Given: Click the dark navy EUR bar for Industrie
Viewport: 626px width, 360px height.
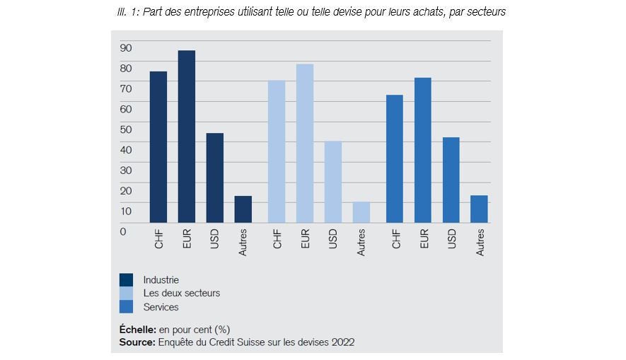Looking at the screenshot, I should tap(187, 137).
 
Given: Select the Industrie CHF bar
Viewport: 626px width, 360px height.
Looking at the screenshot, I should tap(158, 147).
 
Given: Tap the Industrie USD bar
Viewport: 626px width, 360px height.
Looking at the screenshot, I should tap(215, 178).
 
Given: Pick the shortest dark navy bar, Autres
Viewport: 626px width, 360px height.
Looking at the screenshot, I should tap(243, 209).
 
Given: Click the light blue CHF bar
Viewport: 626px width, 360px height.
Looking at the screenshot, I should tap(277, 151).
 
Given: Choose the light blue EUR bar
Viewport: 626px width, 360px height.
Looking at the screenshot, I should tap(305, 144).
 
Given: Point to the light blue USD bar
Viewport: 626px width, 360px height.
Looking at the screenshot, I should tap(333, 182).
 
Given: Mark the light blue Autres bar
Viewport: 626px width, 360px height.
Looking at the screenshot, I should tap(361, 212).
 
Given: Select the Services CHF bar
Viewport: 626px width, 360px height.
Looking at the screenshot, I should tap(395, 158).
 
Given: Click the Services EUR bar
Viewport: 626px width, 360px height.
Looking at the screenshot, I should tap(423, 150).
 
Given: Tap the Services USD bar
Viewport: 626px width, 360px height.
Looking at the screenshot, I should tap(451, 180).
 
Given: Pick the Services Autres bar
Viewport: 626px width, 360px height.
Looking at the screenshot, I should tap(480, 209).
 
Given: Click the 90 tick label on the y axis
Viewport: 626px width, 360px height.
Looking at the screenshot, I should tap(126, 47).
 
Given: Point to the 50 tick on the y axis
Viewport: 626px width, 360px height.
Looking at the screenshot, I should tap(126, 129).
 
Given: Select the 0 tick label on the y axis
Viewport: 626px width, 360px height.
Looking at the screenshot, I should tap(123, 231).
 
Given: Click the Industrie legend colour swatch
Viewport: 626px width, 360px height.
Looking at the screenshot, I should tap(127, 280).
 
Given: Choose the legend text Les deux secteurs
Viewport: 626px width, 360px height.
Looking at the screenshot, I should tap(182, 294).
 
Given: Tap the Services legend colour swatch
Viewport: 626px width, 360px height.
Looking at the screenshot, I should tap(127, 307).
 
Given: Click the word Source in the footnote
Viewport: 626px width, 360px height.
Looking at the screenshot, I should tap(136, 342).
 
